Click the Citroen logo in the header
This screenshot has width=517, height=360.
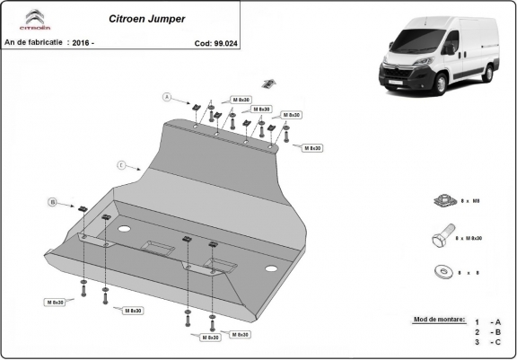click(x=32, y=18)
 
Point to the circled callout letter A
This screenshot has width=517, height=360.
click(x=166, y=96)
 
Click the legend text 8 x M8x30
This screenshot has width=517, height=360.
click(x=469, y=238)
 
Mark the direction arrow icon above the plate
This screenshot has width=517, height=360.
click(x=267, y=84)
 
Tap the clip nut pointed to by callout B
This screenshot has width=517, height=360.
click(x=81, y=209)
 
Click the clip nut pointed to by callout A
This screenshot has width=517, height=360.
click(x=196, y=107)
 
